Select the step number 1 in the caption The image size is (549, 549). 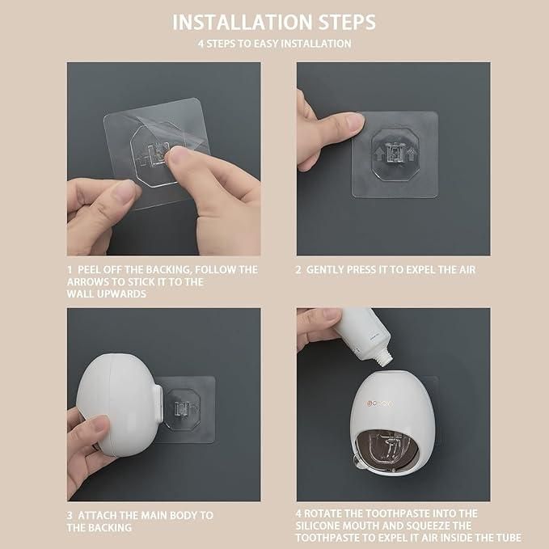[70, 269]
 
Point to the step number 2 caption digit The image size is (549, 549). [298, 269]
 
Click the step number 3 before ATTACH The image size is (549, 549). [70, 515]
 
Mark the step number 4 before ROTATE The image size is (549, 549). [298, 513]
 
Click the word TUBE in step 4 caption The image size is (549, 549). [509, 538]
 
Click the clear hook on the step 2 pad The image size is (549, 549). [394, 151]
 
